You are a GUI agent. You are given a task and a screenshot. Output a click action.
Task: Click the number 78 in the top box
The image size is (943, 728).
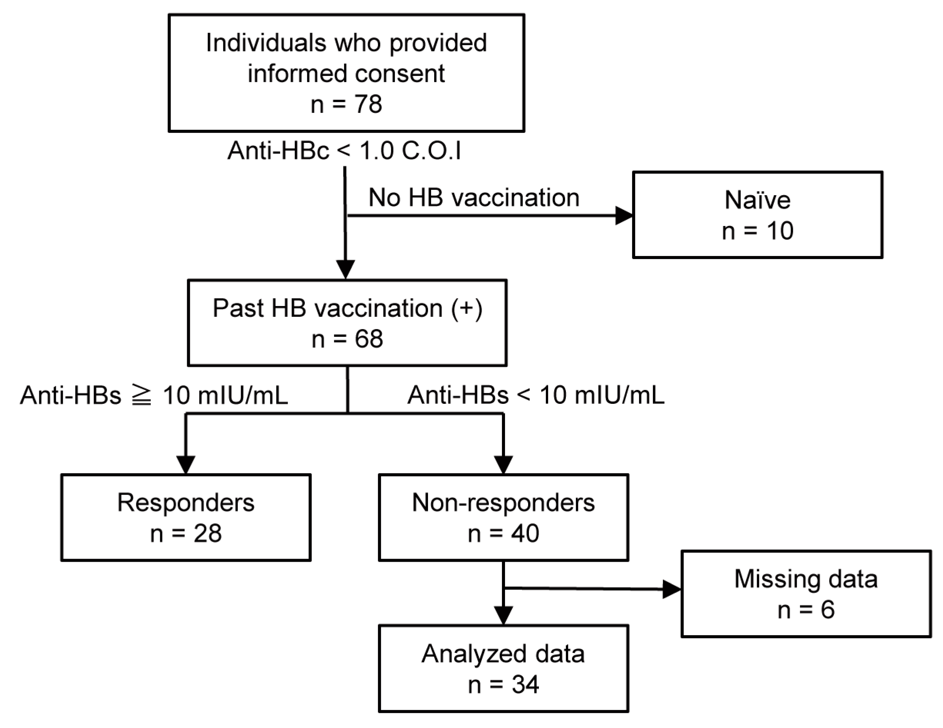pos(368,104)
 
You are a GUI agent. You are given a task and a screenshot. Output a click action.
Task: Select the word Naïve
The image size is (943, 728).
pos(757,200)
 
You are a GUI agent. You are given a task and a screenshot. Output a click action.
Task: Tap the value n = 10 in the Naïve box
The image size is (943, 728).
pos(757,231)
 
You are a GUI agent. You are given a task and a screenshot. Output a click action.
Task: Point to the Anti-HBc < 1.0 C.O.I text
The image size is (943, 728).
pos(344,151)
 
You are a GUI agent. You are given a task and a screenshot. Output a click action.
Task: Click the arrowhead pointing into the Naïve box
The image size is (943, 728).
pos(624,215)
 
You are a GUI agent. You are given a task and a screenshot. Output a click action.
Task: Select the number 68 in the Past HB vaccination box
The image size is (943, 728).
pos(369,339)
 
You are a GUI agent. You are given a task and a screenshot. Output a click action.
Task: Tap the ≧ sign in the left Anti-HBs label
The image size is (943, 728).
pos(142,396)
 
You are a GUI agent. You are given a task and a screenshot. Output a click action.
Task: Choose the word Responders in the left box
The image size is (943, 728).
pos(186,503)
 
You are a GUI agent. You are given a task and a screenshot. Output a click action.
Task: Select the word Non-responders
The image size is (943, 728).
pos(503,503)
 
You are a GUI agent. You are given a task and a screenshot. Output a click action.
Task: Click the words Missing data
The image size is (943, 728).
pos(806,579)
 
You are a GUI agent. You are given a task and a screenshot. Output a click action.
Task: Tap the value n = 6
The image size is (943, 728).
pos(806,610)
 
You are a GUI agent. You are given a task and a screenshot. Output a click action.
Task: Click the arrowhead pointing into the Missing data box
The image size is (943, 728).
pos(672,589)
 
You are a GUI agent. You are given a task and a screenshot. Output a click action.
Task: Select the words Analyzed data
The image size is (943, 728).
pos(503,654)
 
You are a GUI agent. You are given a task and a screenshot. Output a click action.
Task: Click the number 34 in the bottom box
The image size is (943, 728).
pos(525,684)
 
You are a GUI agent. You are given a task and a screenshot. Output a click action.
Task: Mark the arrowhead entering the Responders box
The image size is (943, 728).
pos(186,465)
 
